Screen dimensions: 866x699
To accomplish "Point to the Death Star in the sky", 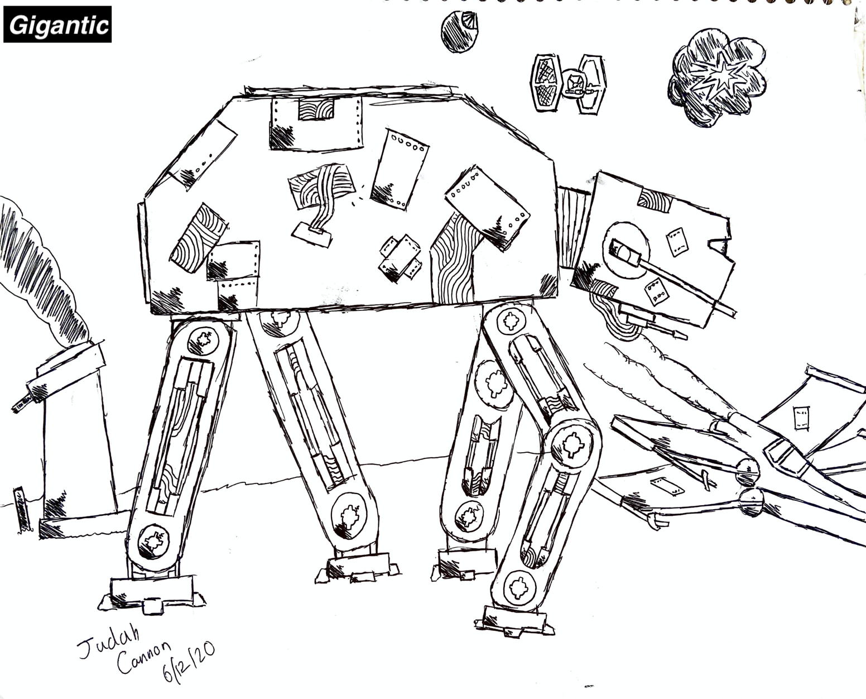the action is pyautogui.click(x=460, y=31).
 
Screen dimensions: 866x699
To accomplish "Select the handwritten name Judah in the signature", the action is pyautogui.click(x=109, y=641).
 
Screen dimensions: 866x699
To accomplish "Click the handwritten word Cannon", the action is pyautogui.click(x=143, y=657).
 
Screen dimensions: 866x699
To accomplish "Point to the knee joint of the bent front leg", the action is pyautogui.click(x=572, y=445).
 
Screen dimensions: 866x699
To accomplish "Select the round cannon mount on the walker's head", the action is pyautogui.click(x=626, y=250).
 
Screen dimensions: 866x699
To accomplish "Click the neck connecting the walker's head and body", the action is pyautogui.click(x=574, y=227).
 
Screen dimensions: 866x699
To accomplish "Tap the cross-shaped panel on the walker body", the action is pyautogui.click(x=401, y=258).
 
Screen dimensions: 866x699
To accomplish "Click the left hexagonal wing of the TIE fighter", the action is pyautogui.click(x=546, y=83).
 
